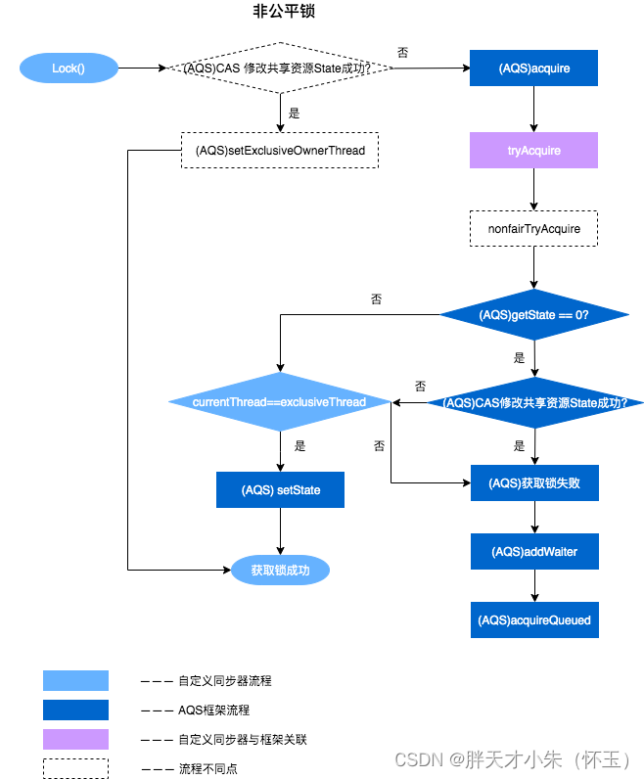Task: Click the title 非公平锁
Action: point(284,13)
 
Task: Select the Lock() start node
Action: point(69,69)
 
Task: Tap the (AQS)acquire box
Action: point(533,69)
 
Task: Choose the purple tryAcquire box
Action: point(533,151)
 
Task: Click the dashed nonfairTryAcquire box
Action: point(533,229)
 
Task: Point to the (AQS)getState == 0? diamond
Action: point(533,315)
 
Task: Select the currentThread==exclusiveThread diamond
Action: point(280,402)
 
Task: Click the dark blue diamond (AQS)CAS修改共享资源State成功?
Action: point(533,402)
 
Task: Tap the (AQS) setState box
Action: point(280,489)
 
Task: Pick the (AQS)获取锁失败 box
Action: point(533,483)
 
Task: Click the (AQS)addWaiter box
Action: point(533,552)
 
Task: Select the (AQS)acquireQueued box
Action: point(533,620)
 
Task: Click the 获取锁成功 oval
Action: point(280,570)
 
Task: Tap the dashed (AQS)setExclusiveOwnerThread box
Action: point(280,151)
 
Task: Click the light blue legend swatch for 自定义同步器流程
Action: point(75,681)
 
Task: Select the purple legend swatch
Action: point(75,739)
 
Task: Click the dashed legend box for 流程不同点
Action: point(75,768)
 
